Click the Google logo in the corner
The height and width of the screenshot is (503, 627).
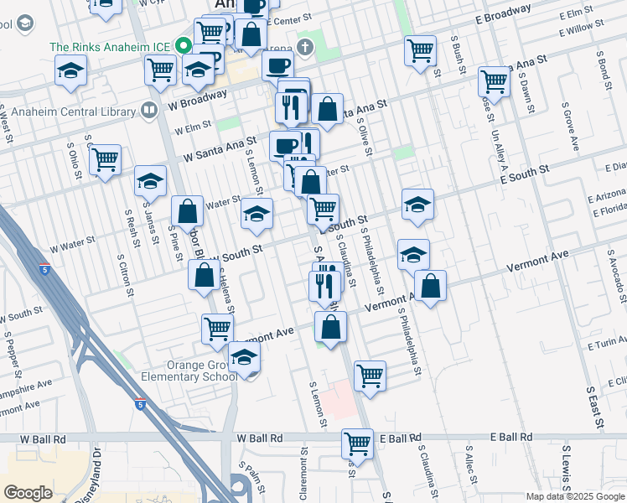point(28,492)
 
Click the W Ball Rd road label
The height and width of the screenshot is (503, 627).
point(262,438)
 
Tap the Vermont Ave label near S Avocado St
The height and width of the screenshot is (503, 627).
point(537,261)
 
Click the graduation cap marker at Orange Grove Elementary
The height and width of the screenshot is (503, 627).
point(244,358)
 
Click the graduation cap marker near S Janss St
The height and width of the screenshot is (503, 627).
point(150,180)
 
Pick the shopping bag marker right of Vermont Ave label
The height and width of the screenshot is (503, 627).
point(430,286)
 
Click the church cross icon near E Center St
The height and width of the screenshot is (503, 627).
point(303,48)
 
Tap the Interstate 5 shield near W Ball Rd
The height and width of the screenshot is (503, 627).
point(139,404)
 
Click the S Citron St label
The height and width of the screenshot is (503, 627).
point(127,277)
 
